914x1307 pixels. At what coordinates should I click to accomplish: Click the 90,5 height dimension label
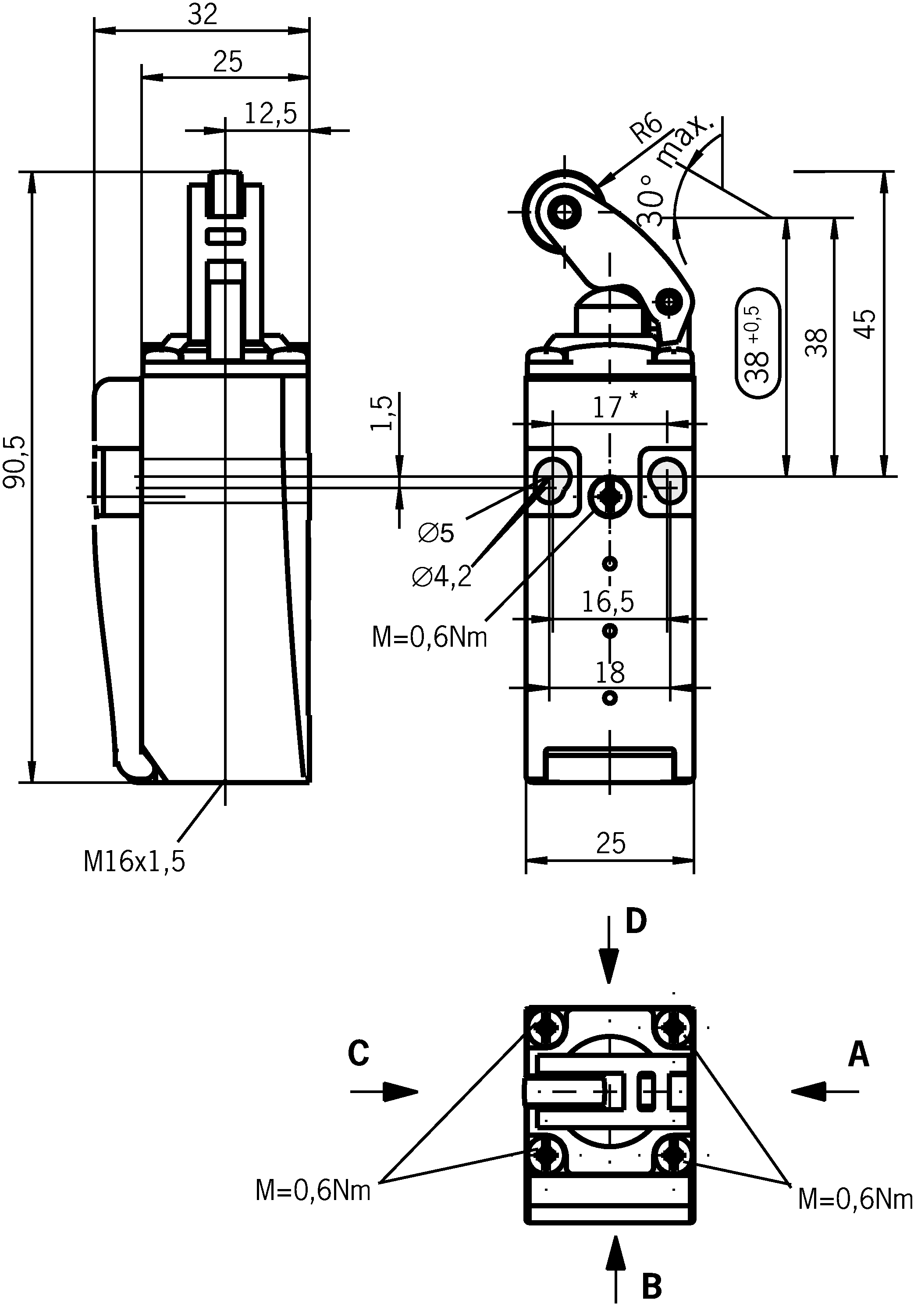15,462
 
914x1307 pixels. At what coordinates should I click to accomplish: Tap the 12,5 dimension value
270,114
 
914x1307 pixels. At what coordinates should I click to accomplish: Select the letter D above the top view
636,921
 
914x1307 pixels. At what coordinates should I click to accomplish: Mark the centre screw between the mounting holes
609,496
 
